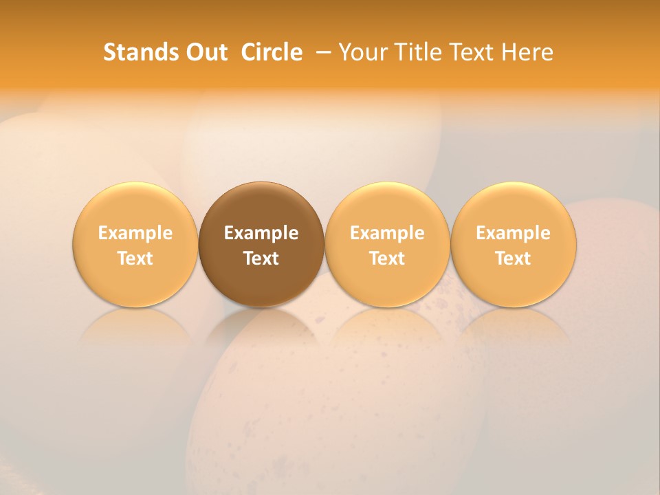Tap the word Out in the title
point(205,52)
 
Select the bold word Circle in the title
point(272,52)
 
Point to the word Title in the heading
point(418,52)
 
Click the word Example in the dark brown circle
point(261,233)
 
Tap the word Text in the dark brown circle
point(261,258)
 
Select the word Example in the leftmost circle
point(135,233)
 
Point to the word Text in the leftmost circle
point(135,258)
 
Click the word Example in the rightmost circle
point(514,233)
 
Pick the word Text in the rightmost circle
point(514,258)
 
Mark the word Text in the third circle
point(387,258)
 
